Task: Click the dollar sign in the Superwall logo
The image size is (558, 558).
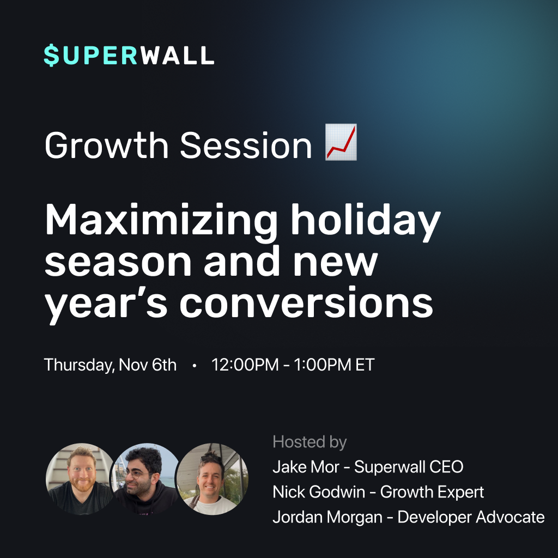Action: (x=52, y=56)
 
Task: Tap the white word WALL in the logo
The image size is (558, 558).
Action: (x=177, y=56)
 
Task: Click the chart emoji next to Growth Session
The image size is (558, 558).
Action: (x=341, y=142)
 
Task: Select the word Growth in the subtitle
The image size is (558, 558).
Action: (x=106, y=145)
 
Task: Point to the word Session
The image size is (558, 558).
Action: (x=246, y=145)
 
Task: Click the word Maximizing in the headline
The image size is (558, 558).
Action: (x=161, y=221)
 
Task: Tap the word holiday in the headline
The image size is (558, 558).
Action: (x=366, y=221)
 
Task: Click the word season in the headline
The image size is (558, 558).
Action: (x=118, y=262)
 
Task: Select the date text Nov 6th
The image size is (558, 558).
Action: (x=147, y=365)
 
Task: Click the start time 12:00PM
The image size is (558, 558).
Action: (x=245, y=365)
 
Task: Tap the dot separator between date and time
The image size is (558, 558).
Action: (x=195, y=366)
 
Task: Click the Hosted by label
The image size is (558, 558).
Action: (x=310, y=442)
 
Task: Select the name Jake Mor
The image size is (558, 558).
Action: (x=306, y=467)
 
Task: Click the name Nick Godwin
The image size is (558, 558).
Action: (x=319, y=492)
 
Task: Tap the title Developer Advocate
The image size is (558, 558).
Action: (x=471, y=517)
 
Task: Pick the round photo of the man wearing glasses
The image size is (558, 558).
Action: (x=147, y=478)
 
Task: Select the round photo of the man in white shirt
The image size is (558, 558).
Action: (x=213, y=478)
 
